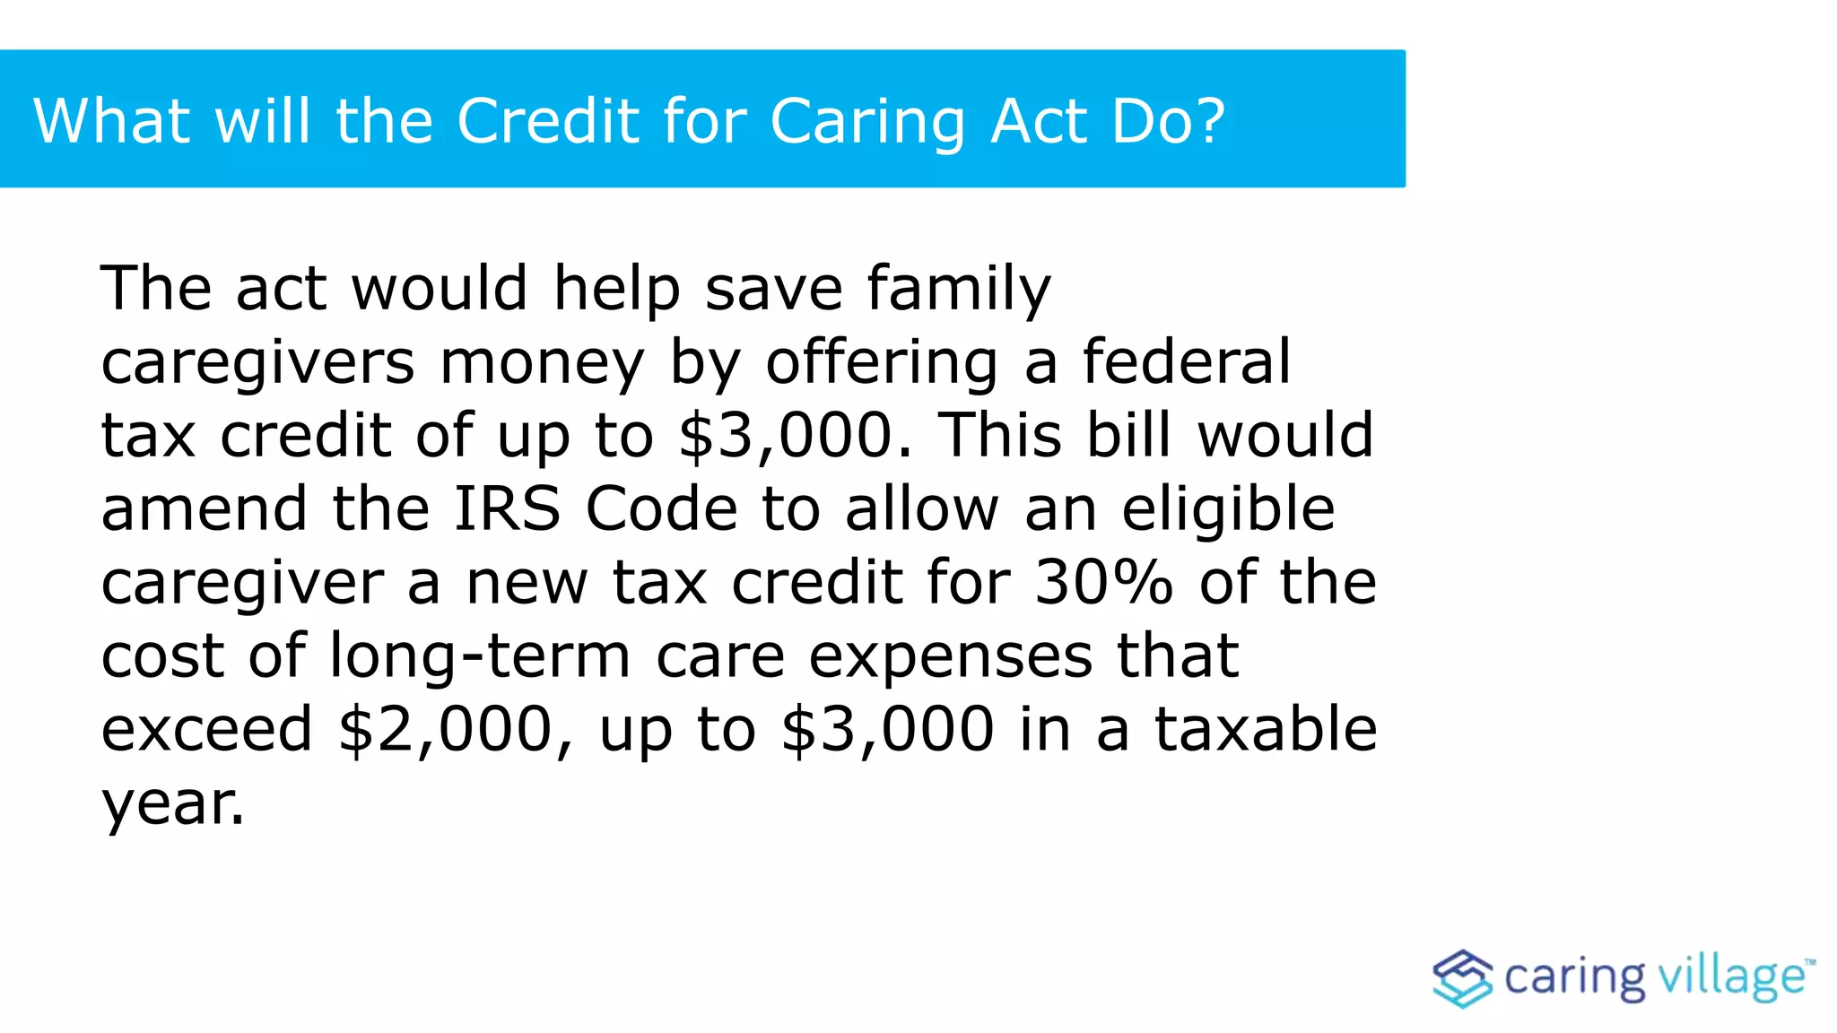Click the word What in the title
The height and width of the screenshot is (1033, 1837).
(111, 120)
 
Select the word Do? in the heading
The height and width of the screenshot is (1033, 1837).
(1168, 120)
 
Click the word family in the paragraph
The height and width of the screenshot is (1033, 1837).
(959, 289)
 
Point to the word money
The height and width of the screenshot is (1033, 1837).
(542, 362)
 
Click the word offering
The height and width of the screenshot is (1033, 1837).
(881, 362)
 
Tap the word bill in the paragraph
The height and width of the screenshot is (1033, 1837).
(1129, 434)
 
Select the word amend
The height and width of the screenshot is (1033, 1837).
(205, 508)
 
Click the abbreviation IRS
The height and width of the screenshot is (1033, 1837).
(508, 508)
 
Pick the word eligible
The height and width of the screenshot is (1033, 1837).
(1228, 509)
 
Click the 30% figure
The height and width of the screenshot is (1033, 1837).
(1103, 582)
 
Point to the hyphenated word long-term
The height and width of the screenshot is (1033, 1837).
(480, 656)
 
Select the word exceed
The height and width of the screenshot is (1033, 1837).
(206, 728)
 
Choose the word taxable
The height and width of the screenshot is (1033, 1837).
(1265, 728)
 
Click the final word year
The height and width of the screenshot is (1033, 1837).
(172, 803)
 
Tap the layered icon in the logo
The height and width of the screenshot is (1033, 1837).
(1462, 977)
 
